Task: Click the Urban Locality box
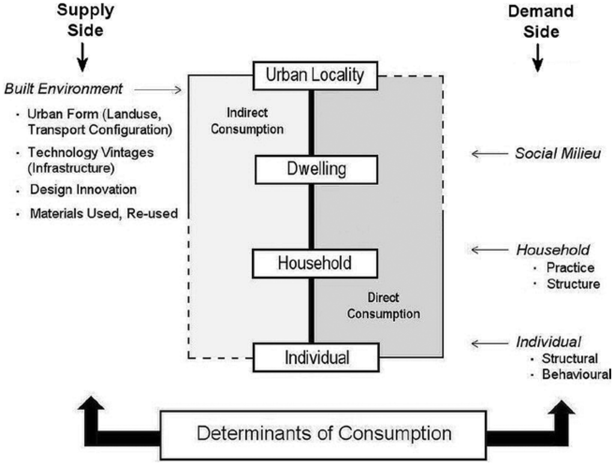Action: click(x=315, y=75)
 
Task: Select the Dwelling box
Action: click(x=315, y=169)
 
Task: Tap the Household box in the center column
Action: click(x=315, y=263)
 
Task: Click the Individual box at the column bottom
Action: click(x=315, y=357)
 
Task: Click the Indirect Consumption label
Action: click(x=255, y=121)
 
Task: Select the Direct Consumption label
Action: click(x=383, y=306)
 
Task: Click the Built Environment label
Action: click(x=64, y=89)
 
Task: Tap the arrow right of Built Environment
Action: click(x=157, y=90)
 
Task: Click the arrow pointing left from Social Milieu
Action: click(x=488, y=154)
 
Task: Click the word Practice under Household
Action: click(x=571, y=268)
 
